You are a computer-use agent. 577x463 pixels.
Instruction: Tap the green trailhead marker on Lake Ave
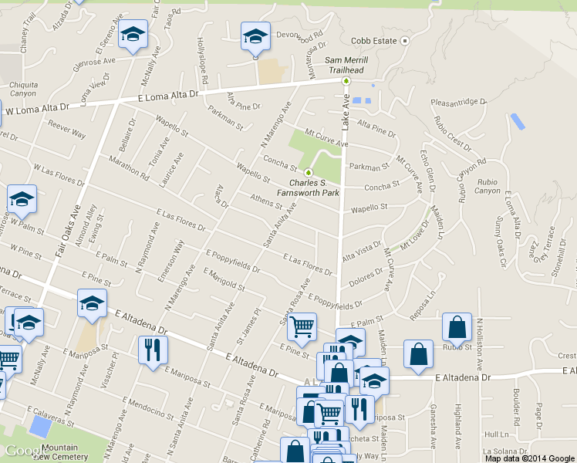click(346, 79)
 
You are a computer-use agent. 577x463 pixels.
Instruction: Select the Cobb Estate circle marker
click(403, 40)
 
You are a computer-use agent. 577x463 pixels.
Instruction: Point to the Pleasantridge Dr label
click(460, 101)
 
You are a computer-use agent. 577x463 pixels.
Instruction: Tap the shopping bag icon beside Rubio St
click(457, 326)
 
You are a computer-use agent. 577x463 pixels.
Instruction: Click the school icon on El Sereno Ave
click(133, 35)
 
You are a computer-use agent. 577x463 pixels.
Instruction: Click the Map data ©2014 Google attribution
click(530, 458)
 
